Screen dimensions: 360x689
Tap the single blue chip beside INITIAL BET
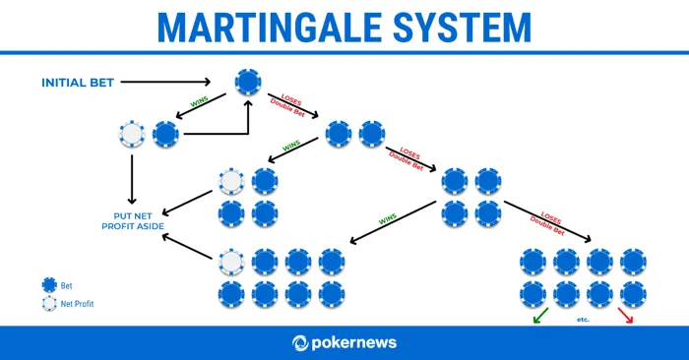pyautogui.click(x=247, y=81)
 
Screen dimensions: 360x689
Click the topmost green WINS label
pyautogui.click(x=200, y=101)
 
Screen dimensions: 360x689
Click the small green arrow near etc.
pyautogui.click(x=538, y=318)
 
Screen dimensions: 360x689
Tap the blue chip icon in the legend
pyautogui.click(x=48, y=284)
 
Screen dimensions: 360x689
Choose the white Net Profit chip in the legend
pyautogui.click(x=48, y=304)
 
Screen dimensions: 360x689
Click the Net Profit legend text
pyautogui.click(x=77, y=304)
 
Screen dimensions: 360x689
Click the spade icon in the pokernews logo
pyautogui.click(x=302, y=343)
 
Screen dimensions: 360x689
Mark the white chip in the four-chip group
pyautogui.click(x=231, y=182)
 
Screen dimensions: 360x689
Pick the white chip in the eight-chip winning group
pyautogui.click(x=231, y=262)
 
